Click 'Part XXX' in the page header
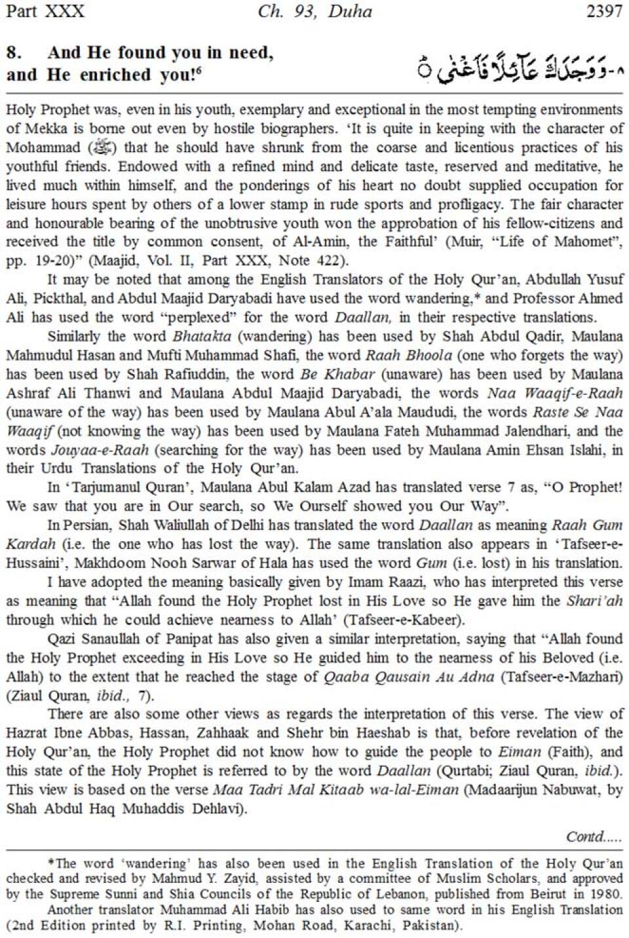tap(45, 11)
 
